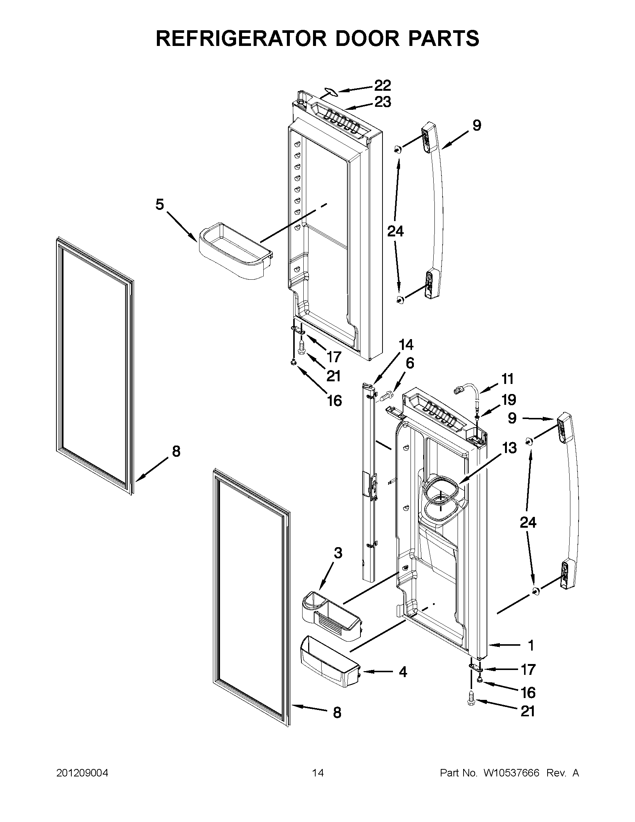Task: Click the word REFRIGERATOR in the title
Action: point(241,38)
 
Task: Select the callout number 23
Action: point(382,102)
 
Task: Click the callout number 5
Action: point(159,205)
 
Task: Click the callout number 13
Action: point(509,448)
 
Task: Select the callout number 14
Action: point(405,345)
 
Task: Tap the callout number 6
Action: point(409,363)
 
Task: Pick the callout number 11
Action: point(507,379)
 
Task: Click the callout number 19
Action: point(508,400)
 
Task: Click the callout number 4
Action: point(402,672)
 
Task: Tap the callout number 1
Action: point(530,645)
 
